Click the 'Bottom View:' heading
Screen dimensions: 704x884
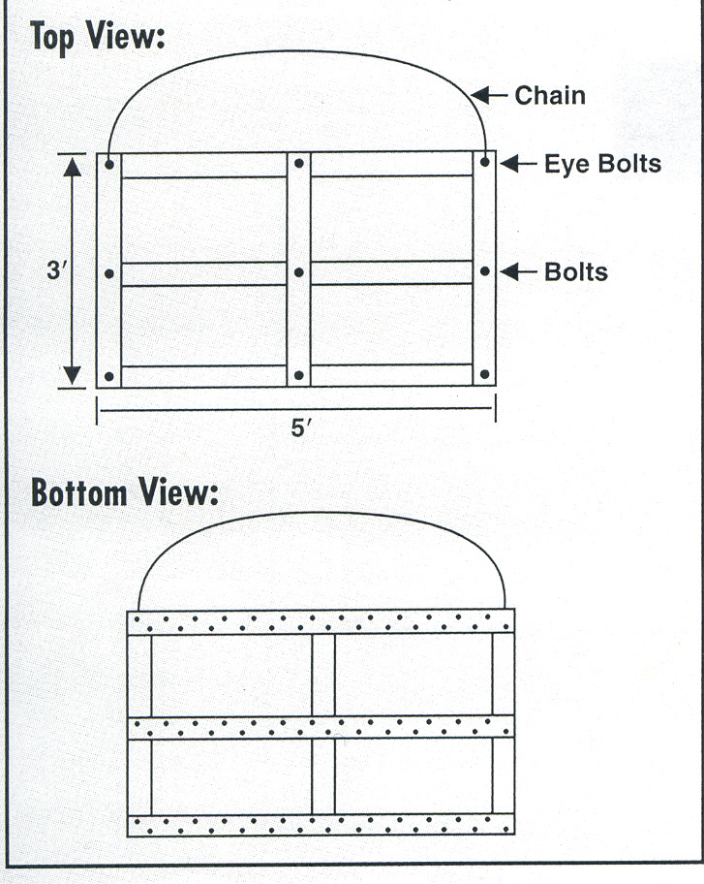[125, 492]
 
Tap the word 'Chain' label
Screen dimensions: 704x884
[550, 95]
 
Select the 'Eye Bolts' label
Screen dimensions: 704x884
[602, 164]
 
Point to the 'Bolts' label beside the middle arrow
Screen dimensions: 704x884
[575, 272]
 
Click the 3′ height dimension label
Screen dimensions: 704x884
[57, 270]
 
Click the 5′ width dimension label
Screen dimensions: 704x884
[301, 427]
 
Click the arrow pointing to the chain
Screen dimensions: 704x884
[489, 95]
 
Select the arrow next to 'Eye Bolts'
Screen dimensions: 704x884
[518, 164]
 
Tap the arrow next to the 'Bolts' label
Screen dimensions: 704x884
[518, 271]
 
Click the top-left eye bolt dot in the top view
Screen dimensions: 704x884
[109, 165]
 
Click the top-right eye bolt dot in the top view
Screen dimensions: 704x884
[485, 163]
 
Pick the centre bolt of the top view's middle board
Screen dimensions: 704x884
[299, 272]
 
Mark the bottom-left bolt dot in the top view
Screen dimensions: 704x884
[109, 376]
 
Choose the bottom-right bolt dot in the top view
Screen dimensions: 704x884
[485, 374]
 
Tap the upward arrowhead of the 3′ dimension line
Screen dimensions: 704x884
[72, 167]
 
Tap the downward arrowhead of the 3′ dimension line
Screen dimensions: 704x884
[72, 375]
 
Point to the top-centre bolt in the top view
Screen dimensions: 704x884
[299, 163]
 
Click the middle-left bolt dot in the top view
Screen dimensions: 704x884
[109, 273]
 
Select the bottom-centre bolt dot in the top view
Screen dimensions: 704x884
[299, 375]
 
